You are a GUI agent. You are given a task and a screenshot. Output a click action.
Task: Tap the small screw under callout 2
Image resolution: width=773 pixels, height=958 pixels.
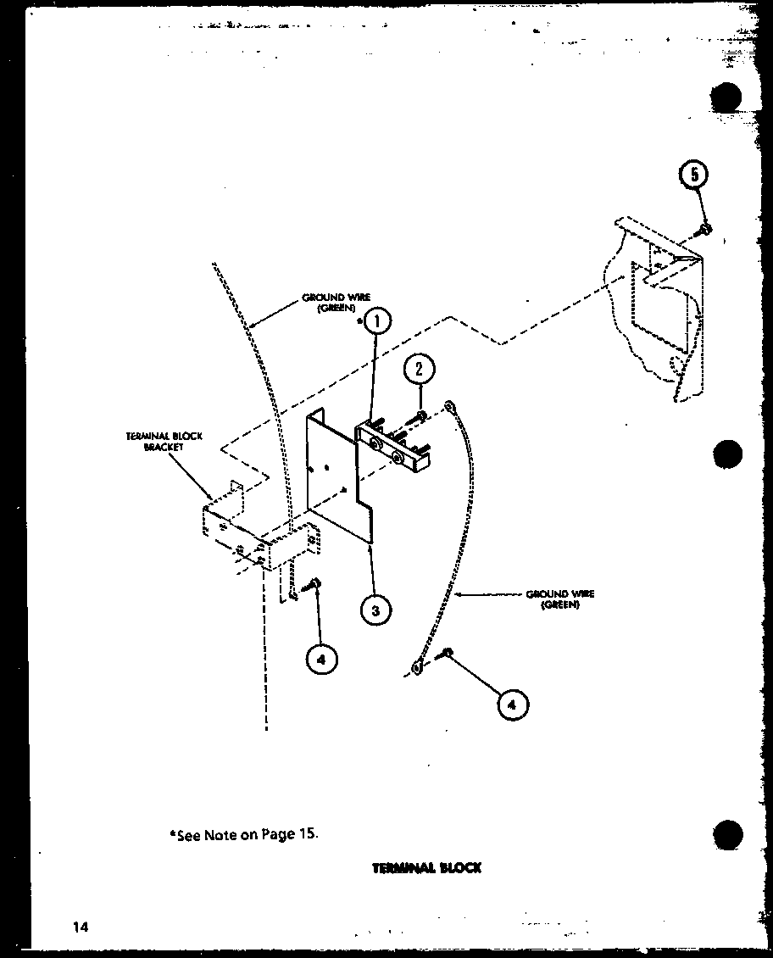421,415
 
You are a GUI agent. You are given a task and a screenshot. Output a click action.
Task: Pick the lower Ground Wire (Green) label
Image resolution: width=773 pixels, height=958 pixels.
559,599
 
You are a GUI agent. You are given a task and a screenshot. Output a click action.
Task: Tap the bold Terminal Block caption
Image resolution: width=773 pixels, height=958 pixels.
426,867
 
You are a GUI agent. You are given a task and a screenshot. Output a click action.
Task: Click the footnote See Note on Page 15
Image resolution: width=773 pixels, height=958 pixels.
245,833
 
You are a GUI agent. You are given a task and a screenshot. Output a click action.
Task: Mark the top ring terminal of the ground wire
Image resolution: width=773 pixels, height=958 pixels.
452,407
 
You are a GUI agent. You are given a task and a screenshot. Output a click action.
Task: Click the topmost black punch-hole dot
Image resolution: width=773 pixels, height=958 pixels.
726,97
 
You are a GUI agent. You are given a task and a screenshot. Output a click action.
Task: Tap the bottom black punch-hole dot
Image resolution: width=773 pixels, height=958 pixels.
726,833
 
